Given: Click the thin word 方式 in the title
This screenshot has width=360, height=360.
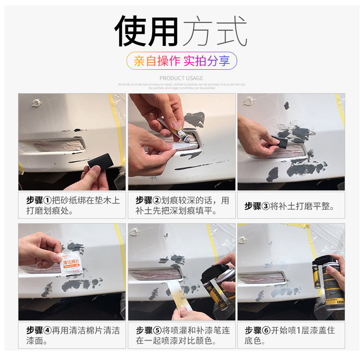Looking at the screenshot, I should click(x=215, y=32).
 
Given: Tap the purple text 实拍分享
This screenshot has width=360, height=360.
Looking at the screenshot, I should click(x=207, y=61).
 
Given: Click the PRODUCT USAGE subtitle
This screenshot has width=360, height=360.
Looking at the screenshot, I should click(x=181, y=78).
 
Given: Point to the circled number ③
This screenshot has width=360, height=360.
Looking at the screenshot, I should click(x=265, y=206).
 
